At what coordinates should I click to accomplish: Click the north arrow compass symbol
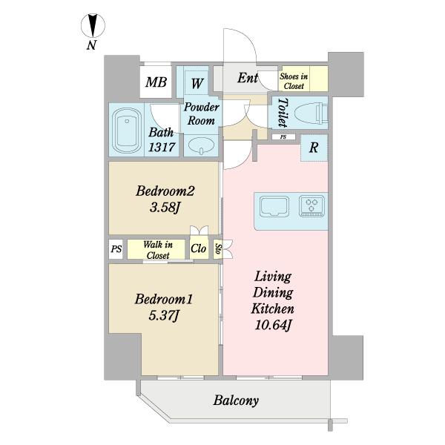93,25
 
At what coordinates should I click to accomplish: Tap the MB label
156,82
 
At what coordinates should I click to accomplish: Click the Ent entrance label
248,78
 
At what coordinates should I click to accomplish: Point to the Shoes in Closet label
294,81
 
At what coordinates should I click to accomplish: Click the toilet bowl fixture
311,113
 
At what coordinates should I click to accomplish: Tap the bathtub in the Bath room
127,131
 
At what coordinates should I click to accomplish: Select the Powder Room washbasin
202,145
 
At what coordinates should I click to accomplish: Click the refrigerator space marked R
314,148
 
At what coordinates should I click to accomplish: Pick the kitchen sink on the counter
274,207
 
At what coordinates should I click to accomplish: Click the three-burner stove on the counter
311,205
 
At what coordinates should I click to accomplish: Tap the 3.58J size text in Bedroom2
165,208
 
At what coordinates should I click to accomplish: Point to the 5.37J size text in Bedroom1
164,315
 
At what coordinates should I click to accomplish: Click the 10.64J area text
273,325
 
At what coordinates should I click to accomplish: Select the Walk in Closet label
158,250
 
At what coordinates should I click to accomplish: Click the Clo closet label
198,248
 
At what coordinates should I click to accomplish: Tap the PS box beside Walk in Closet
116,249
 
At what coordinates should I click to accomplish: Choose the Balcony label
236,400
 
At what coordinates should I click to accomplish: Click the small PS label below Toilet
283,137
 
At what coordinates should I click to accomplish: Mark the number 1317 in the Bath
162,147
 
